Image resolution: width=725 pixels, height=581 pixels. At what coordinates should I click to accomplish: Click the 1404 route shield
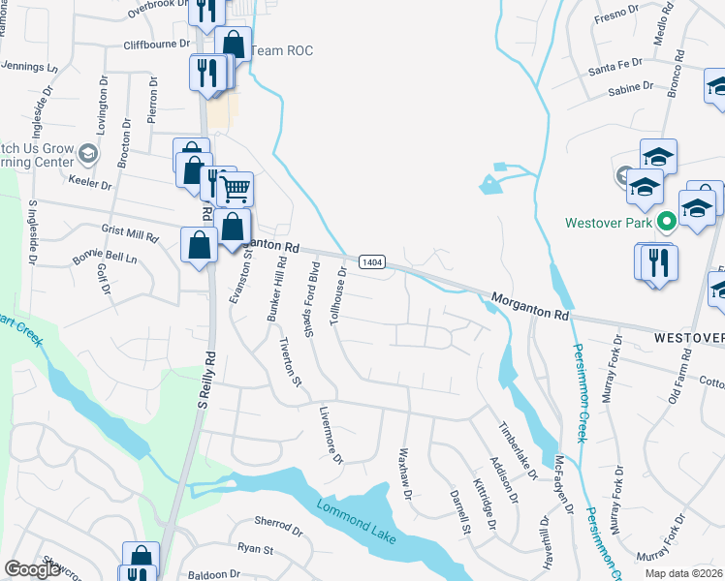point(372,262)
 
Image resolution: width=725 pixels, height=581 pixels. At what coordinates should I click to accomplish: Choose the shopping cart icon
point(235,190)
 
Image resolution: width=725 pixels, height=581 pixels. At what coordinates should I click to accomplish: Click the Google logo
point(32,569)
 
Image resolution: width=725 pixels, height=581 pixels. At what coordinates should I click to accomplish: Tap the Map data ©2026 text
point(682,573)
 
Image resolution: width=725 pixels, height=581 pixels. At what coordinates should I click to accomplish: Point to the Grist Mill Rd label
point(130,234)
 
